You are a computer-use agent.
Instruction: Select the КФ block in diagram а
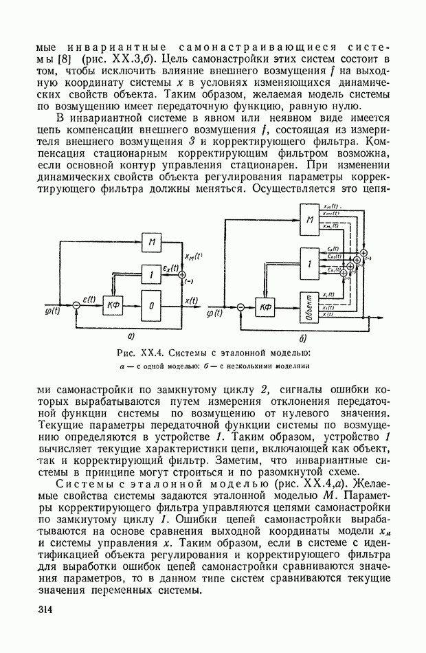pos(112,305)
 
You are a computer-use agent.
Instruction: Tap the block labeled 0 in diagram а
pos(152,306)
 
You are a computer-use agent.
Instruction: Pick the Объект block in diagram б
pos(311,307)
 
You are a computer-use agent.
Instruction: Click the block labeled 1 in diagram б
pos(311,265)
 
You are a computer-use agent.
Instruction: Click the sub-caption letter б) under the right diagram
pos(302,339)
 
